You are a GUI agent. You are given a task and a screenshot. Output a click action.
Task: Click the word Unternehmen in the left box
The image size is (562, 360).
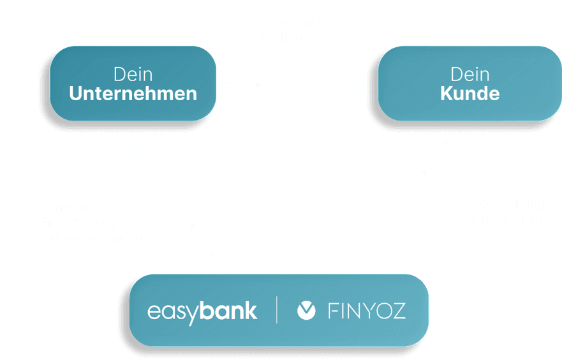(133, 94)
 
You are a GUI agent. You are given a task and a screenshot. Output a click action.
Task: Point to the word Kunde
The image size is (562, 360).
(470, 94)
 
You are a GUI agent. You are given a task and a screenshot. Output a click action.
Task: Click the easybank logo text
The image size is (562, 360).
(202, 311)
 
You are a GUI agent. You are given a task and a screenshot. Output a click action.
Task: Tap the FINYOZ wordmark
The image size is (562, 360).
(367, 311)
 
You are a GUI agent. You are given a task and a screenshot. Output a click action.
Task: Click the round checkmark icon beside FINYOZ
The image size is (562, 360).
(306, 311)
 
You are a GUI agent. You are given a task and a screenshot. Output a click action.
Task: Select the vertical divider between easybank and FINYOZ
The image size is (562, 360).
(277, 310)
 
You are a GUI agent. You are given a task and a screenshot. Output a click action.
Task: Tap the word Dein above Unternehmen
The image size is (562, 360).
(133, 74)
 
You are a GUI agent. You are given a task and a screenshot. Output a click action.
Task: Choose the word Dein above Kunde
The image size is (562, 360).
(469, 74)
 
